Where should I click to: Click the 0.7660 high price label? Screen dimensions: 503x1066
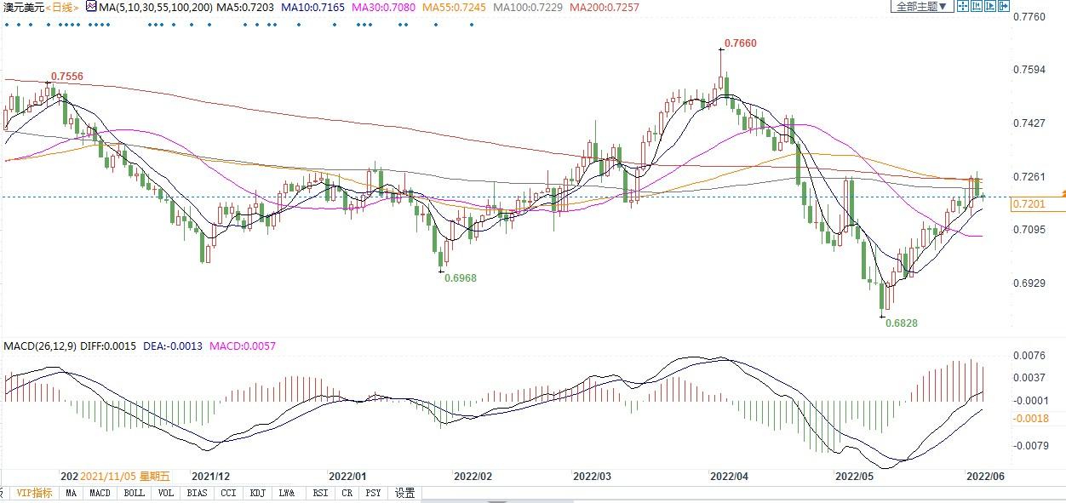(x=740, y=43)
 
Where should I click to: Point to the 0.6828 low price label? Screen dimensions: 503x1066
(x=901, y=323)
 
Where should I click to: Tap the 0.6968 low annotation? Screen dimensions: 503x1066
(x=461, y=277)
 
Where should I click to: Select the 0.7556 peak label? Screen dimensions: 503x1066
(x=67, y=77)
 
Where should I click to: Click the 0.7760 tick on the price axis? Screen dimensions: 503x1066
(x=1033, y=17)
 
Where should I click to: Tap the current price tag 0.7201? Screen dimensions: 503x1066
(x=1029, y=204)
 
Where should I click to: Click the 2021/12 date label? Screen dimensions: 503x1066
(x=210, y=477)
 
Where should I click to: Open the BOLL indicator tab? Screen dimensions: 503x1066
(x=134, y=493)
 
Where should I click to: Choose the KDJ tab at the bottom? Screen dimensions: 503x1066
(x=257, y=493)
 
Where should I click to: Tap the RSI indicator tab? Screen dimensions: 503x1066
(x=320, y=493)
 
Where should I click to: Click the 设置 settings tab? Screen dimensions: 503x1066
(x=404, y=493)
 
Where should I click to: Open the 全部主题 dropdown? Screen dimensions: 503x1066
(x=920, y=7)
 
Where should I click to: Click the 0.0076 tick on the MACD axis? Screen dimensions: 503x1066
(x=1033, y=356)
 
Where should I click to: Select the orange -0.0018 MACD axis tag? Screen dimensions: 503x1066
(x=1030, y=418)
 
